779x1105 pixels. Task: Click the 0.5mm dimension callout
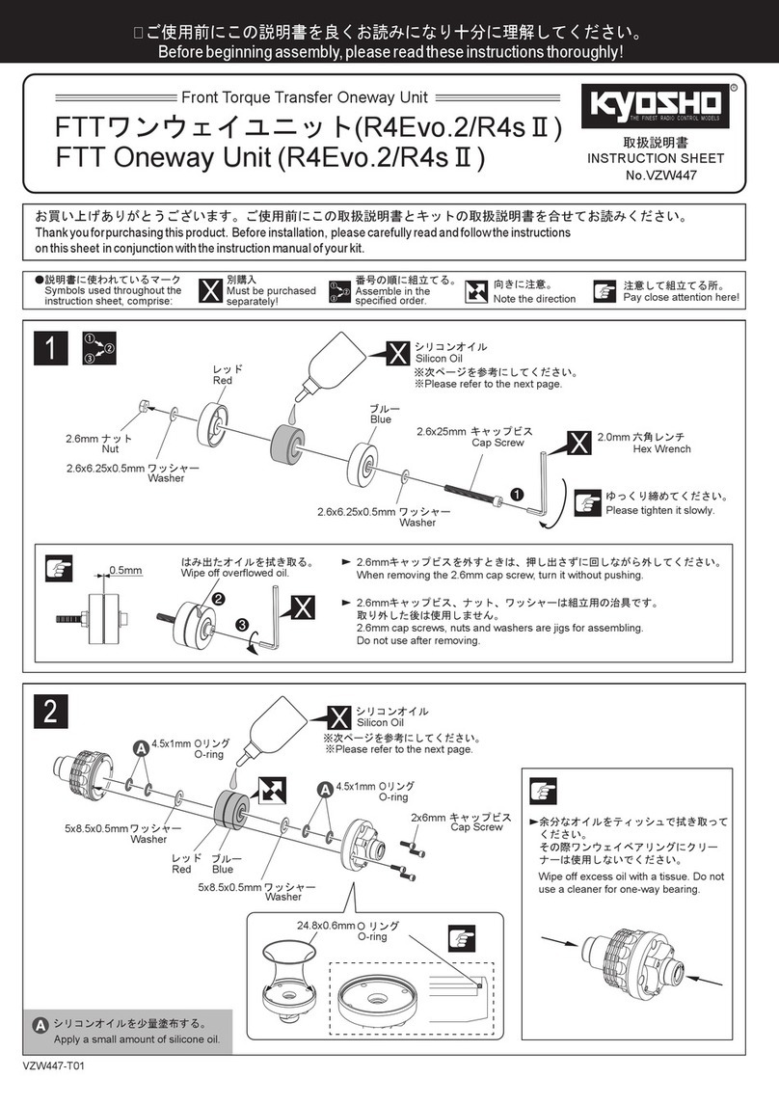coord(125,570)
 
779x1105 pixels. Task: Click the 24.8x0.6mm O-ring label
coord(356,930)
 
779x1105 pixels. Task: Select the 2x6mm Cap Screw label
coord(457,822)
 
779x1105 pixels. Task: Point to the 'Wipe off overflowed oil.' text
coord(235,573)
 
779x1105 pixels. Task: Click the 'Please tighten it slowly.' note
coord(659,510)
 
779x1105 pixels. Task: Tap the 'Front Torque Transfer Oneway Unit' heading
coord(305,97)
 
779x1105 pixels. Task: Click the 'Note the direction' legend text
coord(534,298)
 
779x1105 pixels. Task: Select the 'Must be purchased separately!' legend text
coord(271,296)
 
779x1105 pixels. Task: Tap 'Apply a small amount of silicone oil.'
coord(137,1039)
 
